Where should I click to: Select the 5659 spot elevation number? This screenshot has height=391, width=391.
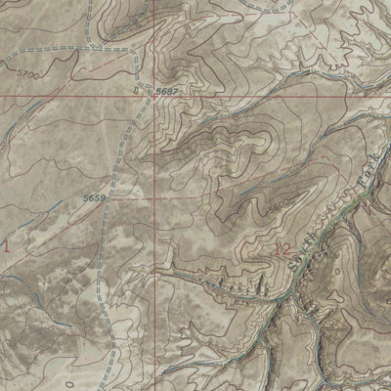tap(95, 197)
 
